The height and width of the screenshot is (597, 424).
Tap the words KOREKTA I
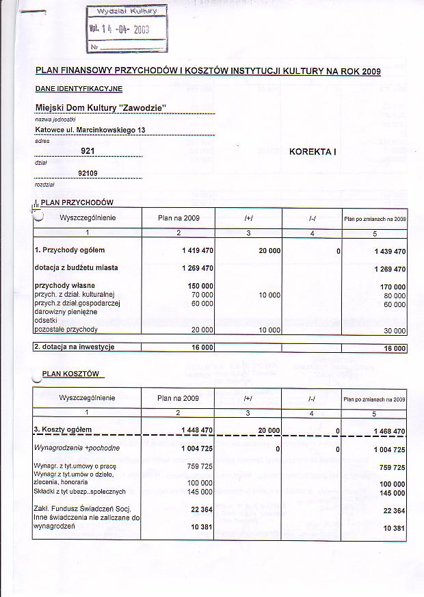click(313, 151)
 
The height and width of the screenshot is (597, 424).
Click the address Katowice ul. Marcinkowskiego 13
click(90, 129)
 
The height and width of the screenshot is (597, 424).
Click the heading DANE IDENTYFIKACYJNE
click(79, 89)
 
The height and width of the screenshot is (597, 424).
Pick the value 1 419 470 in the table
click(198, 251)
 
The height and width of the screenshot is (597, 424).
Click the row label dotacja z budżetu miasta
click(77, 267)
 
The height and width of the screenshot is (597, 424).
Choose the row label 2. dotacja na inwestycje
click(75, 347)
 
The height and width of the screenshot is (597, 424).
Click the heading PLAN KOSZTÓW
click(71, 373)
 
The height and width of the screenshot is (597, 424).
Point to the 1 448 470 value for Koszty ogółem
click(198, 430)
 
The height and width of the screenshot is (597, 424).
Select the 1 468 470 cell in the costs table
click(390, 431)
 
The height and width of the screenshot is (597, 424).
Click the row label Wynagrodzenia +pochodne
click(77, 447)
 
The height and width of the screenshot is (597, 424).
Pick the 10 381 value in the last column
click(395, 529)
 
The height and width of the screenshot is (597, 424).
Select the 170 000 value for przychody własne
click(393, 287)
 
